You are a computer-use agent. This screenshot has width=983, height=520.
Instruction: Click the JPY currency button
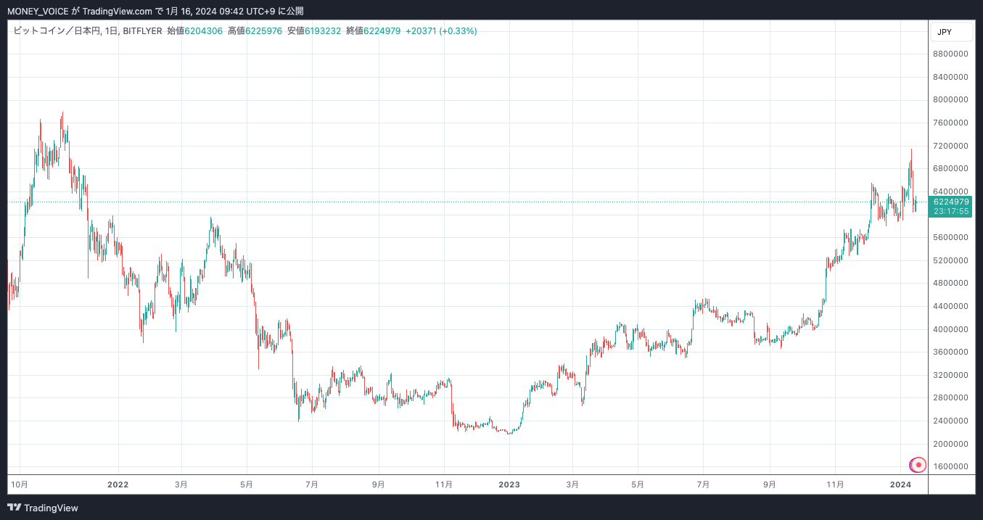coord(945,32)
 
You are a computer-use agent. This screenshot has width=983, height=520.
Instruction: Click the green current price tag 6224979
coord(951,202)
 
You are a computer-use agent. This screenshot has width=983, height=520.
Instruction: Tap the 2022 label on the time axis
coord(118,484)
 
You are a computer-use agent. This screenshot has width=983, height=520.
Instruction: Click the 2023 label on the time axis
coord(509,484)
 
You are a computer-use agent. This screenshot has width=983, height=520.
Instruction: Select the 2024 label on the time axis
coord(900,484)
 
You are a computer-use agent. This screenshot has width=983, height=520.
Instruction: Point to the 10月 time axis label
coord(20,484)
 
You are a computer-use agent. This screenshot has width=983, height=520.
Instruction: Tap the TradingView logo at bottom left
coord(43,508)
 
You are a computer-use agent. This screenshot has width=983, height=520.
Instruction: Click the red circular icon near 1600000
coord(918,465)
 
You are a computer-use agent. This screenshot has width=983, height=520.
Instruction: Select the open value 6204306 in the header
coord(204,30)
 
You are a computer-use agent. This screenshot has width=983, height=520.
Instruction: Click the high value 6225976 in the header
coord(264,30)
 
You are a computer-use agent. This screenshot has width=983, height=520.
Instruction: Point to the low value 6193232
coord(323,30)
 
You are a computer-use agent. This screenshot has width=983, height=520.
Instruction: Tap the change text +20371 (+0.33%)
coord(441,30)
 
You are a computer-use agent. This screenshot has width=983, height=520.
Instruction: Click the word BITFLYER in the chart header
coord(142,30)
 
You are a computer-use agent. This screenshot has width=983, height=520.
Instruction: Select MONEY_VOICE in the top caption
coord(37,11)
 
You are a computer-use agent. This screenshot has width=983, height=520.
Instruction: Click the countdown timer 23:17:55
coord(951,211)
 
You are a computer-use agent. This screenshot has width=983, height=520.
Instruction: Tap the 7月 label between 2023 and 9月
coord(703,484)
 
